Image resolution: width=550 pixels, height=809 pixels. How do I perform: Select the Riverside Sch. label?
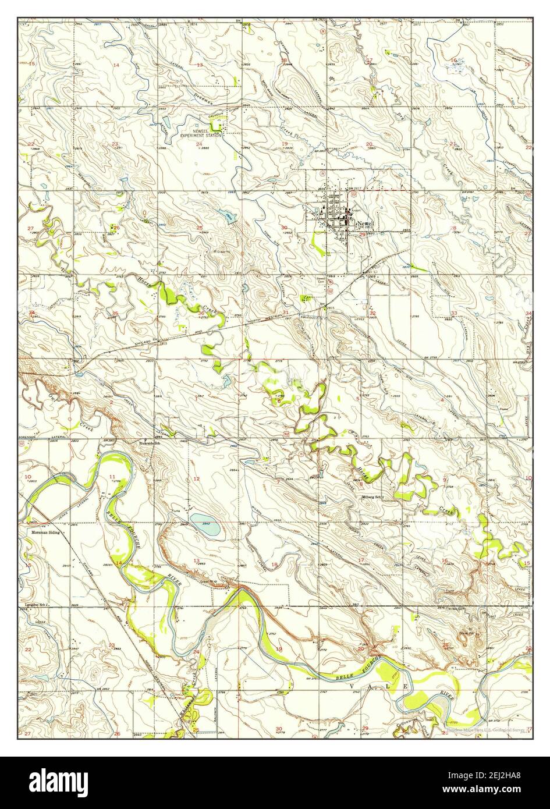coord(151,442)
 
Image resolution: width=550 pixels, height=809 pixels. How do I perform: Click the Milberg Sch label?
coord(373,497)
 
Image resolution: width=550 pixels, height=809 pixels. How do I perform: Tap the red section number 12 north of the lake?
coord(197,479)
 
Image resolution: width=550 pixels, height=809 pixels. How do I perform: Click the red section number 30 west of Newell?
coord(284,228)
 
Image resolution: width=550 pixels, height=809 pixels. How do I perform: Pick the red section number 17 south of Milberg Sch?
coord(361,560)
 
